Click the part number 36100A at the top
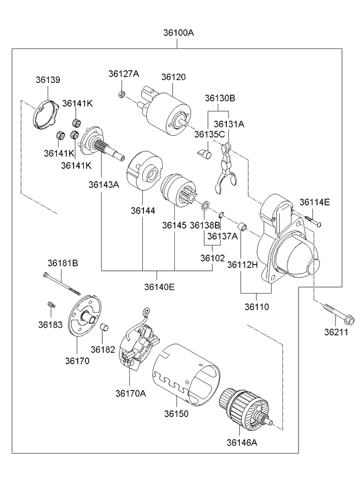[178, 32]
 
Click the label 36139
[48, 79]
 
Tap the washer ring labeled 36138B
[206, 206]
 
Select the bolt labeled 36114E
[313, 221]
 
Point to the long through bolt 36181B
[62, 284]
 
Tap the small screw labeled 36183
[51, 304]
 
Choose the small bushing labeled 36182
[104, 327]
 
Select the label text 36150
[177, 414]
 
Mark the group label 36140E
[159, 287]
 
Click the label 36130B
[220, 98]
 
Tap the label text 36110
[257, 306]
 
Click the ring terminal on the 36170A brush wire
[146, 312]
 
